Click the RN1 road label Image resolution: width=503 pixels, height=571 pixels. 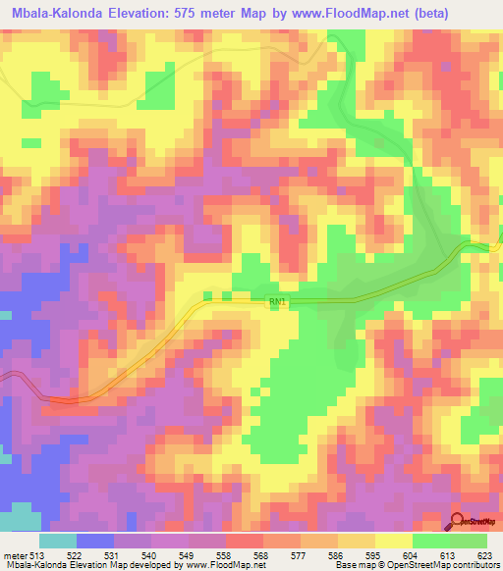(276, 304)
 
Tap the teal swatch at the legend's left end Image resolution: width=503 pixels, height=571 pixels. (58, 541)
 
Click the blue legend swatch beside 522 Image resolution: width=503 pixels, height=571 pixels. (95, 541)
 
